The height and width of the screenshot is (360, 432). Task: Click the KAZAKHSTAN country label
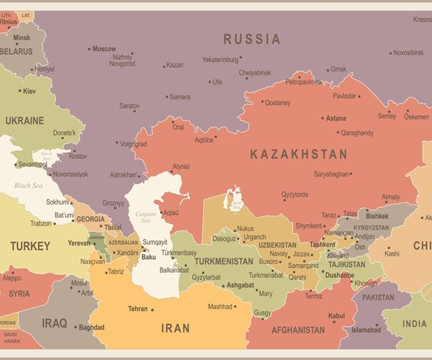click(x=298, y=154)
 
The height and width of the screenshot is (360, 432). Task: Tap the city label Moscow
click(x=104, y=49)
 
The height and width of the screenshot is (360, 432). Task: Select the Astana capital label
click(x=336, y=118)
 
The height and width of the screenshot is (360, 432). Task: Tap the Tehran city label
click(x=138, y=309)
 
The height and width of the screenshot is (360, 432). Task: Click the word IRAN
click(x=175, y=328)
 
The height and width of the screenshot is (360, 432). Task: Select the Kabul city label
click(x=336, y=315)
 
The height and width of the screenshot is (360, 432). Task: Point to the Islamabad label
click(x=366, y=330)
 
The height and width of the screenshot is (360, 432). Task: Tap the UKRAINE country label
click(x=25, y=120)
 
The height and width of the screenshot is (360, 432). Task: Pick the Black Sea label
click(x=28, y=185)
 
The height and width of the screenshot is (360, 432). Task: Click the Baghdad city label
click(x=91, y=328)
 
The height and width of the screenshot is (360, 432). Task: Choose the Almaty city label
click(x=391, y=197)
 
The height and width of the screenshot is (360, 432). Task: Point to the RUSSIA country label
click(x=251, y=39)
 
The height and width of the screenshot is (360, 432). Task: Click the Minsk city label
click(x=22, y=37)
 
